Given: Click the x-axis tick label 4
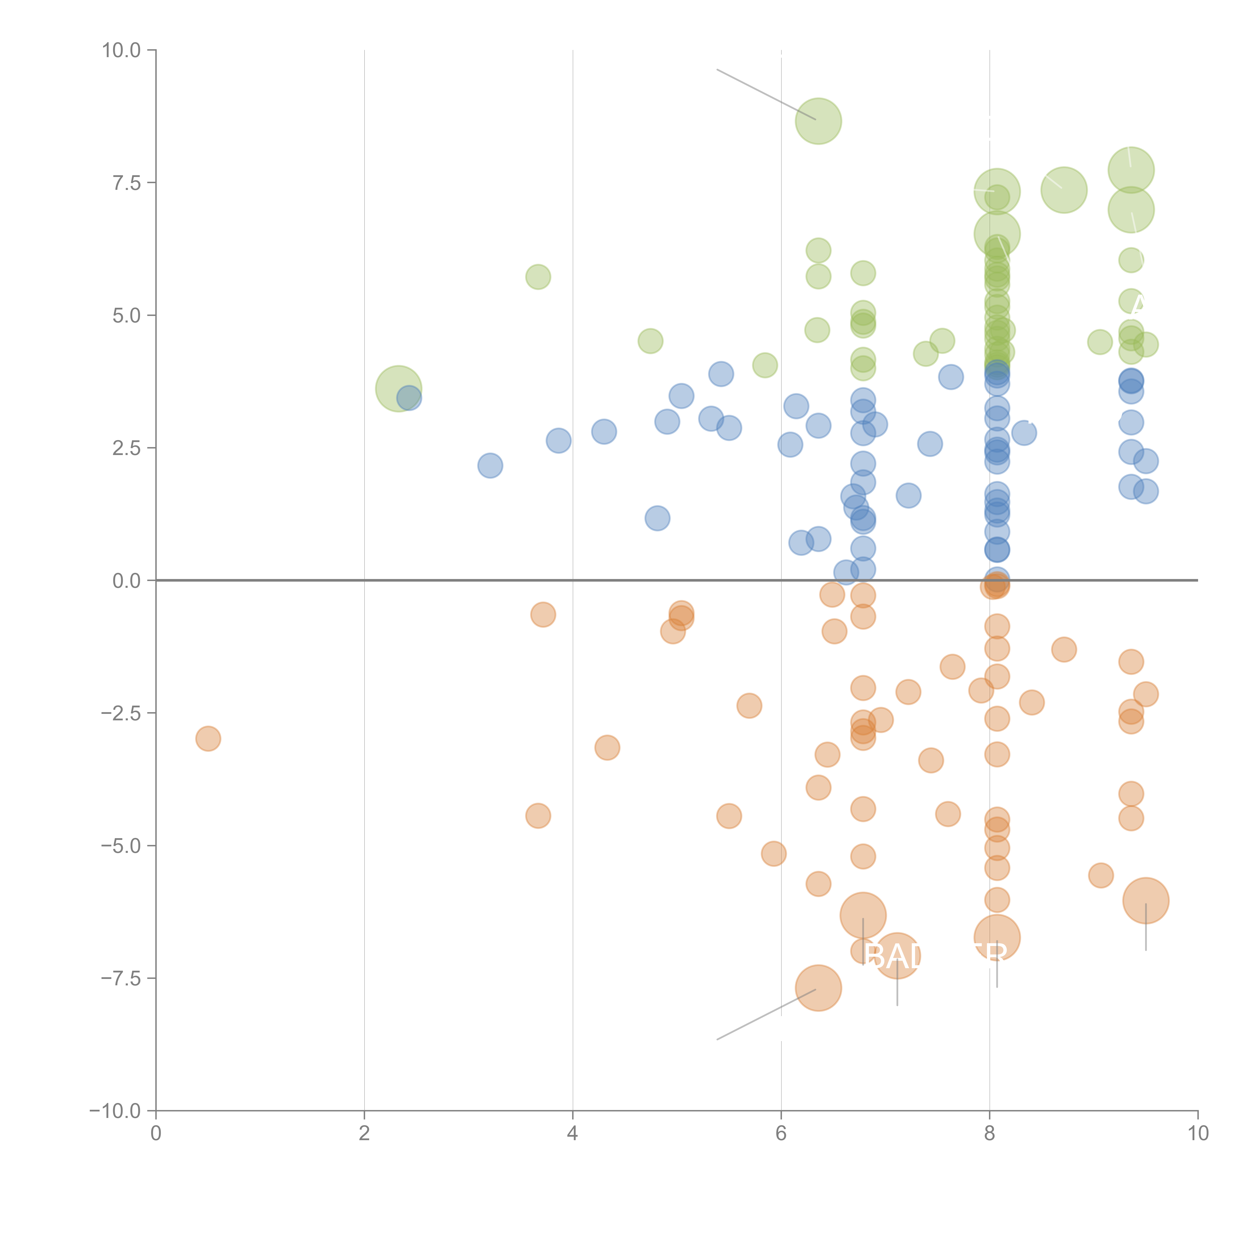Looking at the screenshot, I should point(572,1134).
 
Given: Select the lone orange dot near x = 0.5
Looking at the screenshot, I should point(208,738).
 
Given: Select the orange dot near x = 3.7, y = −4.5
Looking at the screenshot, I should point(538,816).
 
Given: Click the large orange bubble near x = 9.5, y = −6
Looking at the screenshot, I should point(1145,901).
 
